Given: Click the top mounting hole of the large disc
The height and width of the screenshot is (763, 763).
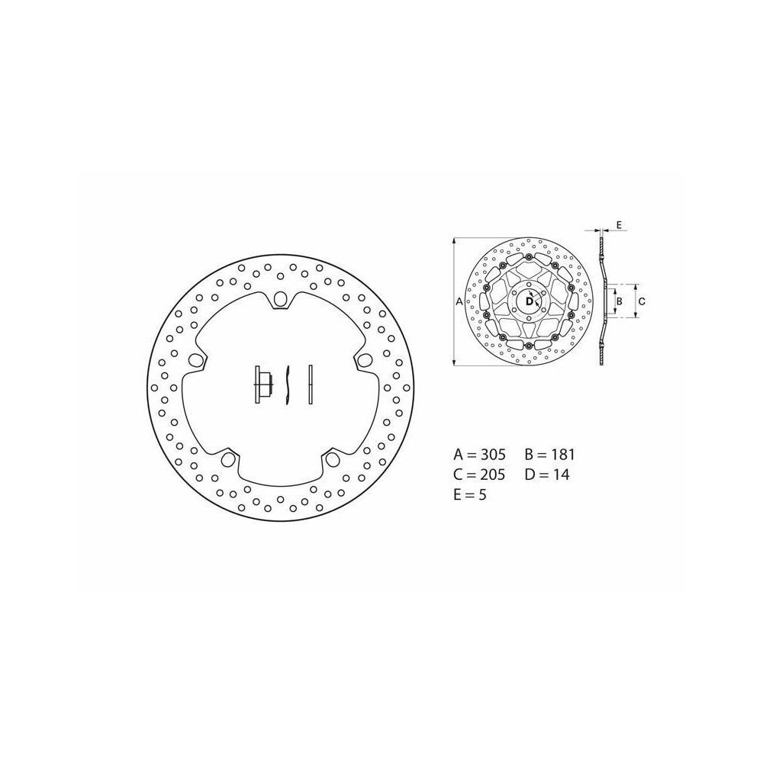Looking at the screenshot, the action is (280, 300).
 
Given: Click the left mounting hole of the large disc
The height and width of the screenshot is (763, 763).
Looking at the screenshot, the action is (195, 359).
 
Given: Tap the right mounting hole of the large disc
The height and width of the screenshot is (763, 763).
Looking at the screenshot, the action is (363, 360).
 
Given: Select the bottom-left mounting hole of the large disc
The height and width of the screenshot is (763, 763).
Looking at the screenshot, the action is (227, 458).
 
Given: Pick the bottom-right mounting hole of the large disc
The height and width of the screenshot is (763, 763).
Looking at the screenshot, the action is (333, 458).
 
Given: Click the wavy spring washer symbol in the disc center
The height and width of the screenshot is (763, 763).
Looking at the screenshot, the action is (288, 385).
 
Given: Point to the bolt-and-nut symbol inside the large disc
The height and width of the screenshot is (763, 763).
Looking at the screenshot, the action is (262, 385).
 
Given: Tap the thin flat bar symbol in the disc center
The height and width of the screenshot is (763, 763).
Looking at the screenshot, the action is (311, 385).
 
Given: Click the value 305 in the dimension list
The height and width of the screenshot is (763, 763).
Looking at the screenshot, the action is (493, 455).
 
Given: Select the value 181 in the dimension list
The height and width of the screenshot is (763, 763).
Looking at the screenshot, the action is (563, 455).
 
